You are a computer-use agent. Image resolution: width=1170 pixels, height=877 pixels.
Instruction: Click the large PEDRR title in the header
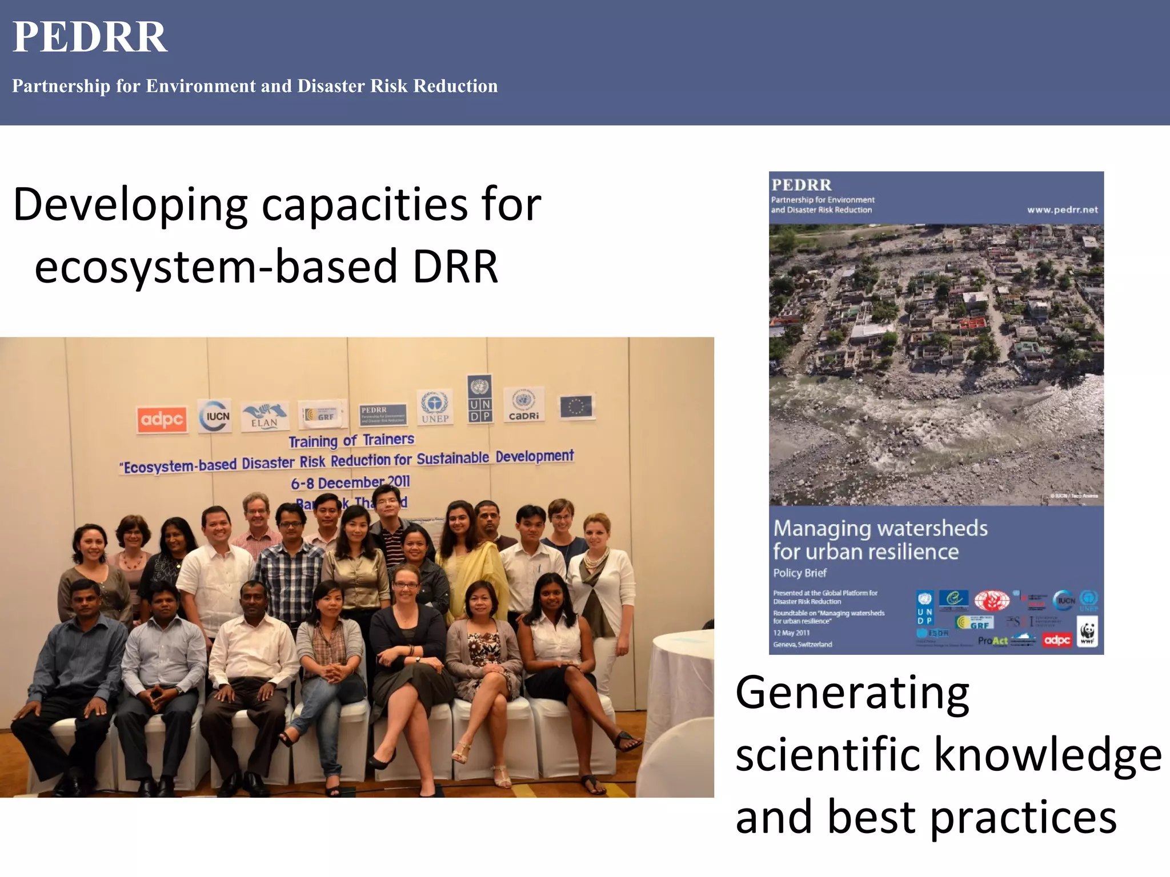(90, 38)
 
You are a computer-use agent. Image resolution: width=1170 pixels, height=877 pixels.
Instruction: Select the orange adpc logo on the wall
(162, 420)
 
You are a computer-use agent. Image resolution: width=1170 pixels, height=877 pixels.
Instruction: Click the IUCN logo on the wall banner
(215, 416)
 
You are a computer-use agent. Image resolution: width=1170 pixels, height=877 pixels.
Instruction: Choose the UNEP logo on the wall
(435, 407)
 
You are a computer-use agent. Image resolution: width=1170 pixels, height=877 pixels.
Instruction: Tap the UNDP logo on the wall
(479, 399)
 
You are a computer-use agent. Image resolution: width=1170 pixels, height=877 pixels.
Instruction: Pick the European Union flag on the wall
(576, 407)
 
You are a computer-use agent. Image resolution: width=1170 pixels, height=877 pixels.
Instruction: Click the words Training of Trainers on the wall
(351, 440)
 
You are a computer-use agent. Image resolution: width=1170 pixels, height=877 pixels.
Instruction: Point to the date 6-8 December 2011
(350, 482)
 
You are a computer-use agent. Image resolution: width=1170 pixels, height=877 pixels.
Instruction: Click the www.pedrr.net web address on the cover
(1062, 210)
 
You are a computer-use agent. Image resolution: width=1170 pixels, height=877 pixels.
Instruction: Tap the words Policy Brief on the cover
(799, 573)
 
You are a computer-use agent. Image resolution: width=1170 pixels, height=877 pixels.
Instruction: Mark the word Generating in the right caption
(852, 693)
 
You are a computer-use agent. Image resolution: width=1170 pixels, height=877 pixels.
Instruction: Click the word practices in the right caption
(1023, 816)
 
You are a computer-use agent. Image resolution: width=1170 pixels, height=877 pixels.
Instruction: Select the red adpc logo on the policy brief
(1056, 640)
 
